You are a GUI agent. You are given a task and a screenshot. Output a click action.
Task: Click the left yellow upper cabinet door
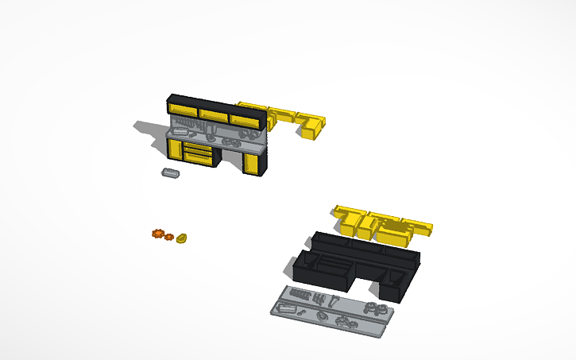[x=183, y=109]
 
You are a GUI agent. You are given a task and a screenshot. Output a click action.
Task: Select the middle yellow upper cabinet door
[x=213, y=114]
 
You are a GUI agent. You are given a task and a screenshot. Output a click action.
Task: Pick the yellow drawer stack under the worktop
[x=199, y=154]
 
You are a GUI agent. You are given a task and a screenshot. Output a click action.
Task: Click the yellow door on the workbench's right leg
[x=253, y=164]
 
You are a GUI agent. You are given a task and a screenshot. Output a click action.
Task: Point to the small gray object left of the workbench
[x=170, y=172]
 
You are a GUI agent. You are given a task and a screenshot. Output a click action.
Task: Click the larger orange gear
[x=158, y=234]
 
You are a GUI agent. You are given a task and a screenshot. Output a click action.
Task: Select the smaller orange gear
[x=168, y=237]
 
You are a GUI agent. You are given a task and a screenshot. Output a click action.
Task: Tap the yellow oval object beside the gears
[x=182, y=238]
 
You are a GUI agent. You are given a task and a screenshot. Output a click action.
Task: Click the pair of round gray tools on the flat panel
[x=374, y=308]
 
